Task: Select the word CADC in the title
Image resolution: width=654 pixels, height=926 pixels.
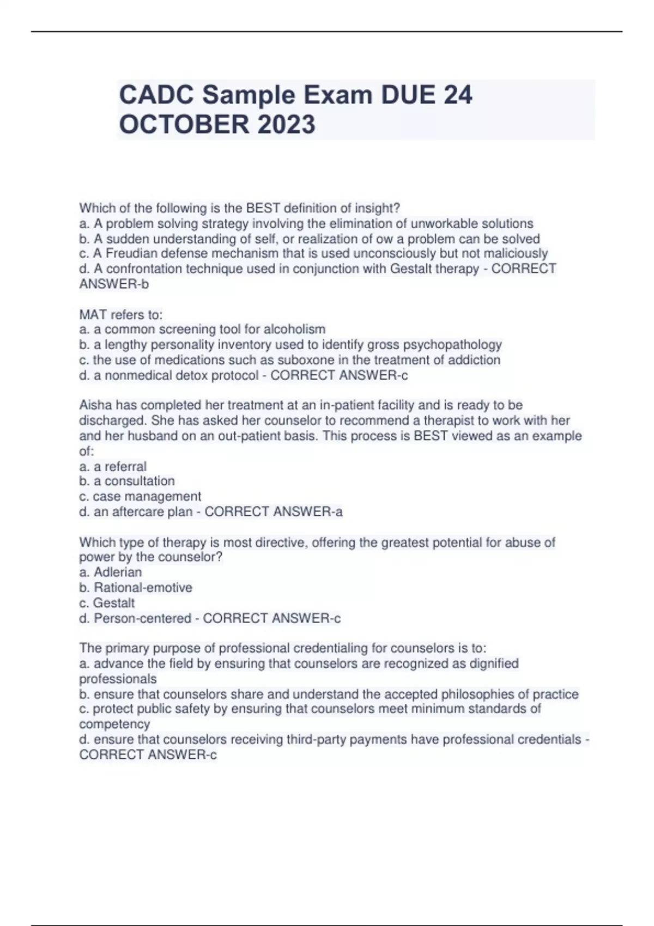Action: click(156, 95)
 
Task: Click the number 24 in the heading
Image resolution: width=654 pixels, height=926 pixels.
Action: click(458, 95)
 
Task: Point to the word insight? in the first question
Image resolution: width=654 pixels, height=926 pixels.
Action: click(378, 208)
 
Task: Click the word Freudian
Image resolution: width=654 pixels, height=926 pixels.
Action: click(130, 253)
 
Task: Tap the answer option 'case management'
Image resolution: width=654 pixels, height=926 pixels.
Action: click(147, 497)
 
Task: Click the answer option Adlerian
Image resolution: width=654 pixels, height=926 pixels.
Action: click(118, 572)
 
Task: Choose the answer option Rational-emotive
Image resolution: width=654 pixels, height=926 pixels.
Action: click(143, 588)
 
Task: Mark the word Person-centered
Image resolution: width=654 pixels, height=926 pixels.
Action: click(142, 618)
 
